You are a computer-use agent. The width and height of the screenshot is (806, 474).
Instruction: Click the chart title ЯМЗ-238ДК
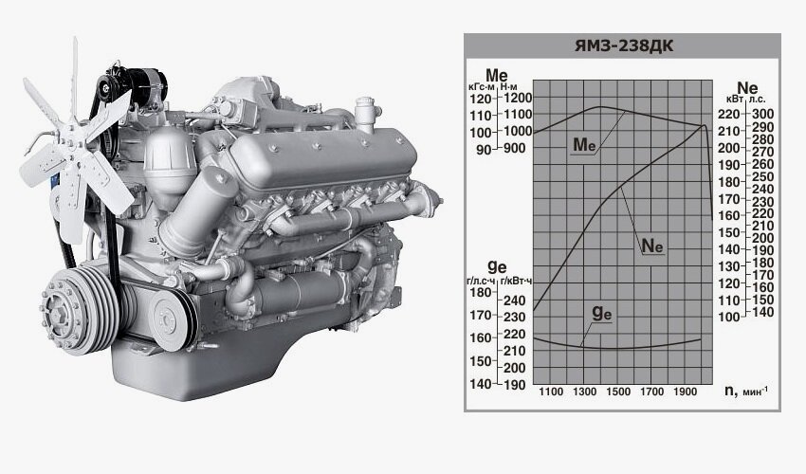623,46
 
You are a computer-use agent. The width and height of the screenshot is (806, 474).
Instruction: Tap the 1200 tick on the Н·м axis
517,97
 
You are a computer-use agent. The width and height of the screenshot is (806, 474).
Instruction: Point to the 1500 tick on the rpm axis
618,392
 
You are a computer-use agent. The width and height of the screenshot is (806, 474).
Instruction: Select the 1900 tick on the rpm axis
686,392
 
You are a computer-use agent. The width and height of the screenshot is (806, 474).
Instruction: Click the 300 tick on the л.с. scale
762,114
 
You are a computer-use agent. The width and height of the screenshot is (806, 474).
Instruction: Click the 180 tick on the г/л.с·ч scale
481,293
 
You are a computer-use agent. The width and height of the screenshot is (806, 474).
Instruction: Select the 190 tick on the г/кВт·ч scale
514,385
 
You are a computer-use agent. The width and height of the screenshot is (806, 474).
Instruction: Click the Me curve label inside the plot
584,145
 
